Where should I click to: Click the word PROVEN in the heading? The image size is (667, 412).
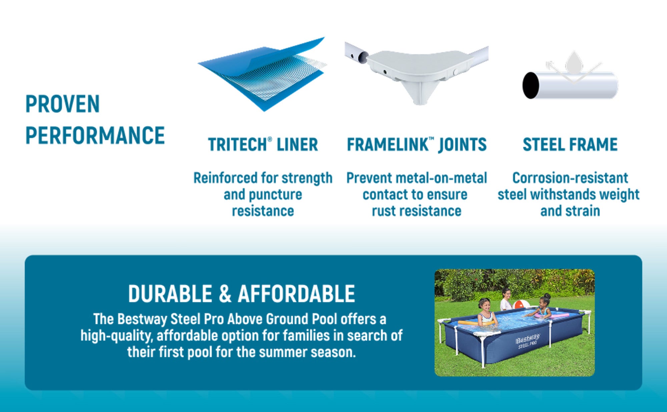click(63, 104)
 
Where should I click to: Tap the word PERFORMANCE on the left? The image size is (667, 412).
click(95, 135)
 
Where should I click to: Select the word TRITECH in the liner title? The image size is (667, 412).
click(237, 145)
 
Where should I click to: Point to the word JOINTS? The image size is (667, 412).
click(463, 145)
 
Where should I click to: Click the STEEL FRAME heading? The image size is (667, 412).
click(570, 145)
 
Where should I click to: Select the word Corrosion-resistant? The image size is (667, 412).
click(570, 178)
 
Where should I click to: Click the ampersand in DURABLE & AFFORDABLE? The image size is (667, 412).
click(225, 294)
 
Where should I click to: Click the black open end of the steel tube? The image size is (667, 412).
click(531, 85)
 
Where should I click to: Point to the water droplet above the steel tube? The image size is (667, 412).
click(574, 62)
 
